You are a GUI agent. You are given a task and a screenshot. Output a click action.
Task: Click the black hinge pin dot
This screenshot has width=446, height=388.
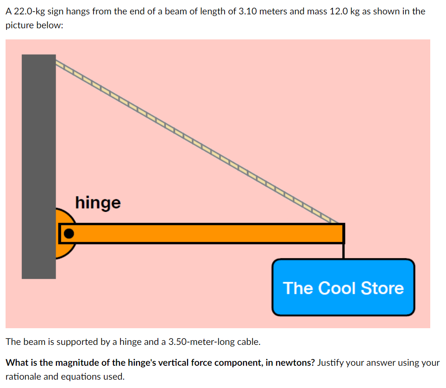pos(69,233)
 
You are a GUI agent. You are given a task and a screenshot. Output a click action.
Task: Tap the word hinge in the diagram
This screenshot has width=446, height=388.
pos(98,203)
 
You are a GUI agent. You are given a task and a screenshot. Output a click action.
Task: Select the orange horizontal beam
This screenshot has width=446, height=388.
pos(208,233)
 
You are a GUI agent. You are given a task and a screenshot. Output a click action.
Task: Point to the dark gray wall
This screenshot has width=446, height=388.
pos(38,139)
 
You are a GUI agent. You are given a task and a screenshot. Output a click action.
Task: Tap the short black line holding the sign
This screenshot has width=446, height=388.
pos(343,251)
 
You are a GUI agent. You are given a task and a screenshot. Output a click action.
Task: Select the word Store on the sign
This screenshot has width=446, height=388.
pos(382,288)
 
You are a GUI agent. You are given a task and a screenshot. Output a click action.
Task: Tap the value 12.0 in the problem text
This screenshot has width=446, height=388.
pos(339,11)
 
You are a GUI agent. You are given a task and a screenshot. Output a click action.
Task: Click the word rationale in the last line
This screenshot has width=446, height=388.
pos(24,376)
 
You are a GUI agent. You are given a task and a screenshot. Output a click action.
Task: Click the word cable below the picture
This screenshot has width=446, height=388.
pos(249,343)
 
